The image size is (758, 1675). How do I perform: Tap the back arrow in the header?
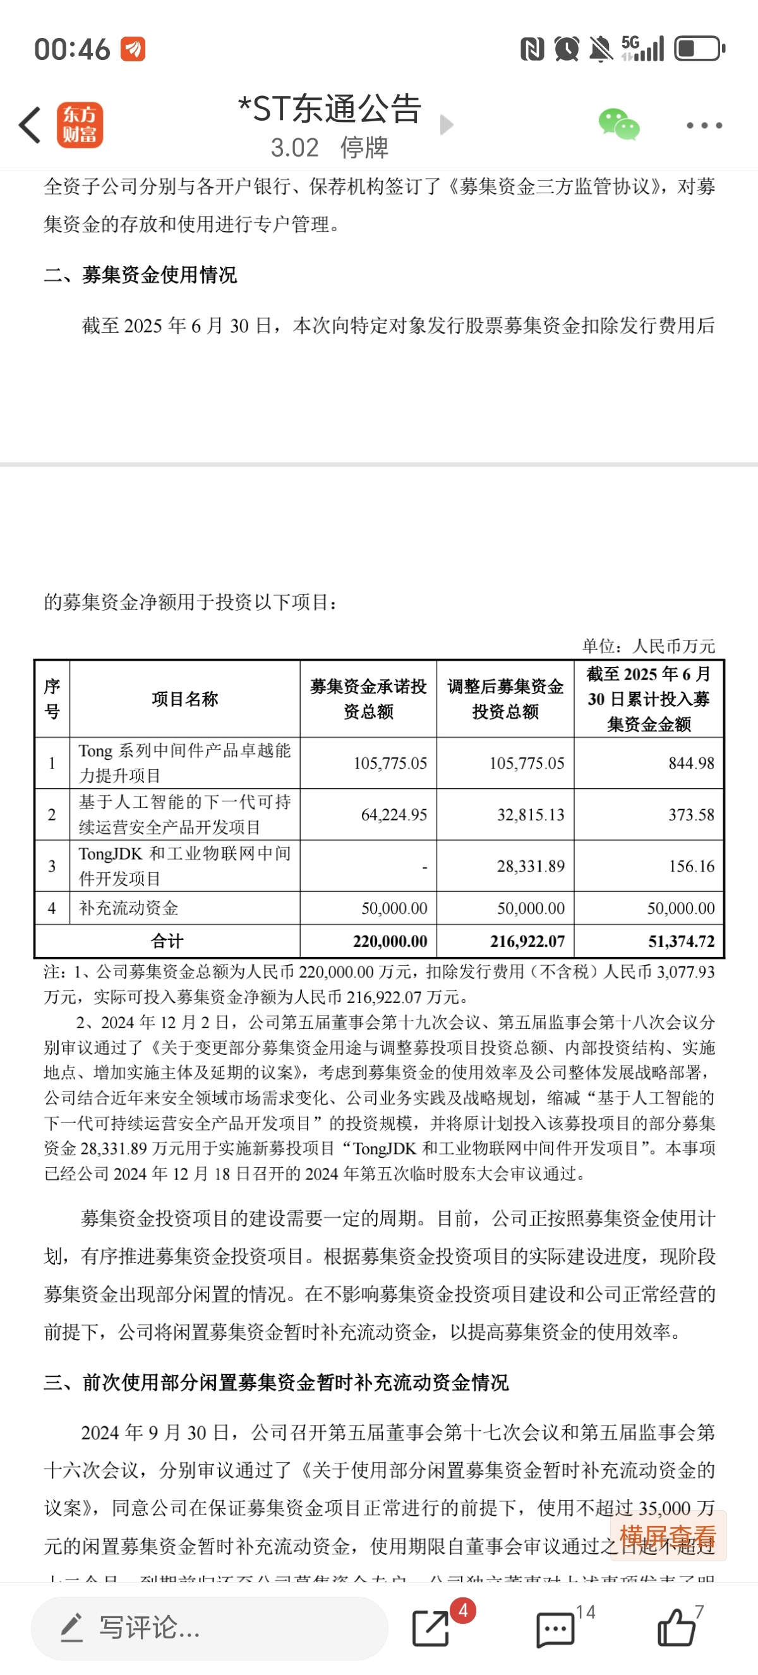click(30, 125)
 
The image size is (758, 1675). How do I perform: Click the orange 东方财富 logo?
click(80, 125)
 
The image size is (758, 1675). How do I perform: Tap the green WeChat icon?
click(618, 124)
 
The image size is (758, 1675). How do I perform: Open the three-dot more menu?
click(704, 126)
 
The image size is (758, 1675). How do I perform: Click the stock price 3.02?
click(294, 148)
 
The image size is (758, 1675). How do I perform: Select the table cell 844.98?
click(691, 763)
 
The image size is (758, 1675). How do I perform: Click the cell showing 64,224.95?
click(394, 815)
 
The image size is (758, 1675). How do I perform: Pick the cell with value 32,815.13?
click(531, 815)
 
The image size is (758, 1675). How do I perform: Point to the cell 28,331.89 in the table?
click(531, 866)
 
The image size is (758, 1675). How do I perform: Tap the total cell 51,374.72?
click(681, 941)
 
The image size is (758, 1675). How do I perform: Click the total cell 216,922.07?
click(527, 941)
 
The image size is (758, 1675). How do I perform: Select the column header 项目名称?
click(184, 699)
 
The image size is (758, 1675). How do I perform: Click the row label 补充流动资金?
click(129, 908)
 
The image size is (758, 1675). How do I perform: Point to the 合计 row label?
click(167, 941)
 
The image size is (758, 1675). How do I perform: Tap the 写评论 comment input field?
click(209, 1628)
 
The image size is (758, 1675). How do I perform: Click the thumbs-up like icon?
click(677, 1628)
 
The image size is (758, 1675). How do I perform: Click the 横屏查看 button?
click(668, 1537)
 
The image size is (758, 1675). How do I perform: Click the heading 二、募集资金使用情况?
click(140, 274)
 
